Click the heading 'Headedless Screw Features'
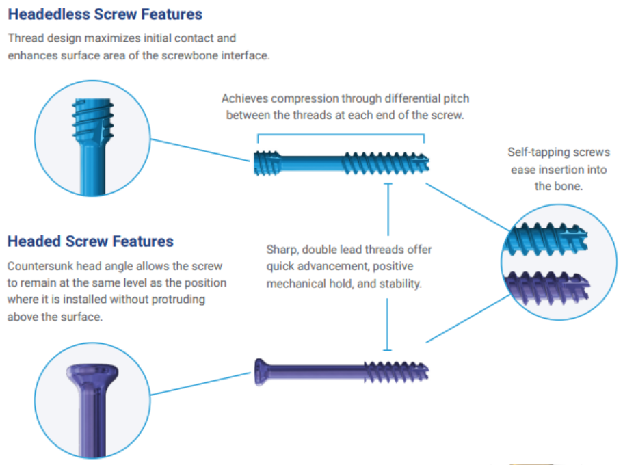105,14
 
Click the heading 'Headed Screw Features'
90,241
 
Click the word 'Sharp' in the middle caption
282,250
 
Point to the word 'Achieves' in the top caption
243,99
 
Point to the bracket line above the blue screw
341,134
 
